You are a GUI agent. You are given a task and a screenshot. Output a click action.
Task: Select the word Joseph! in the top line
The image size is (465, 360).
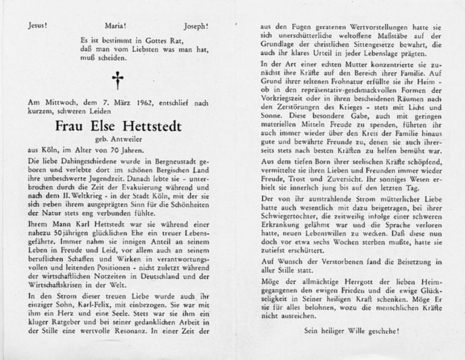click(x=195, y=27)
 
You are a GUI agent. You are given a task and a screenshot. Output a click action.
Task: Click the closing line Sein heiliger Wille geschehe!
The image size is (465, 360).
click(x=352, y=332)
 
